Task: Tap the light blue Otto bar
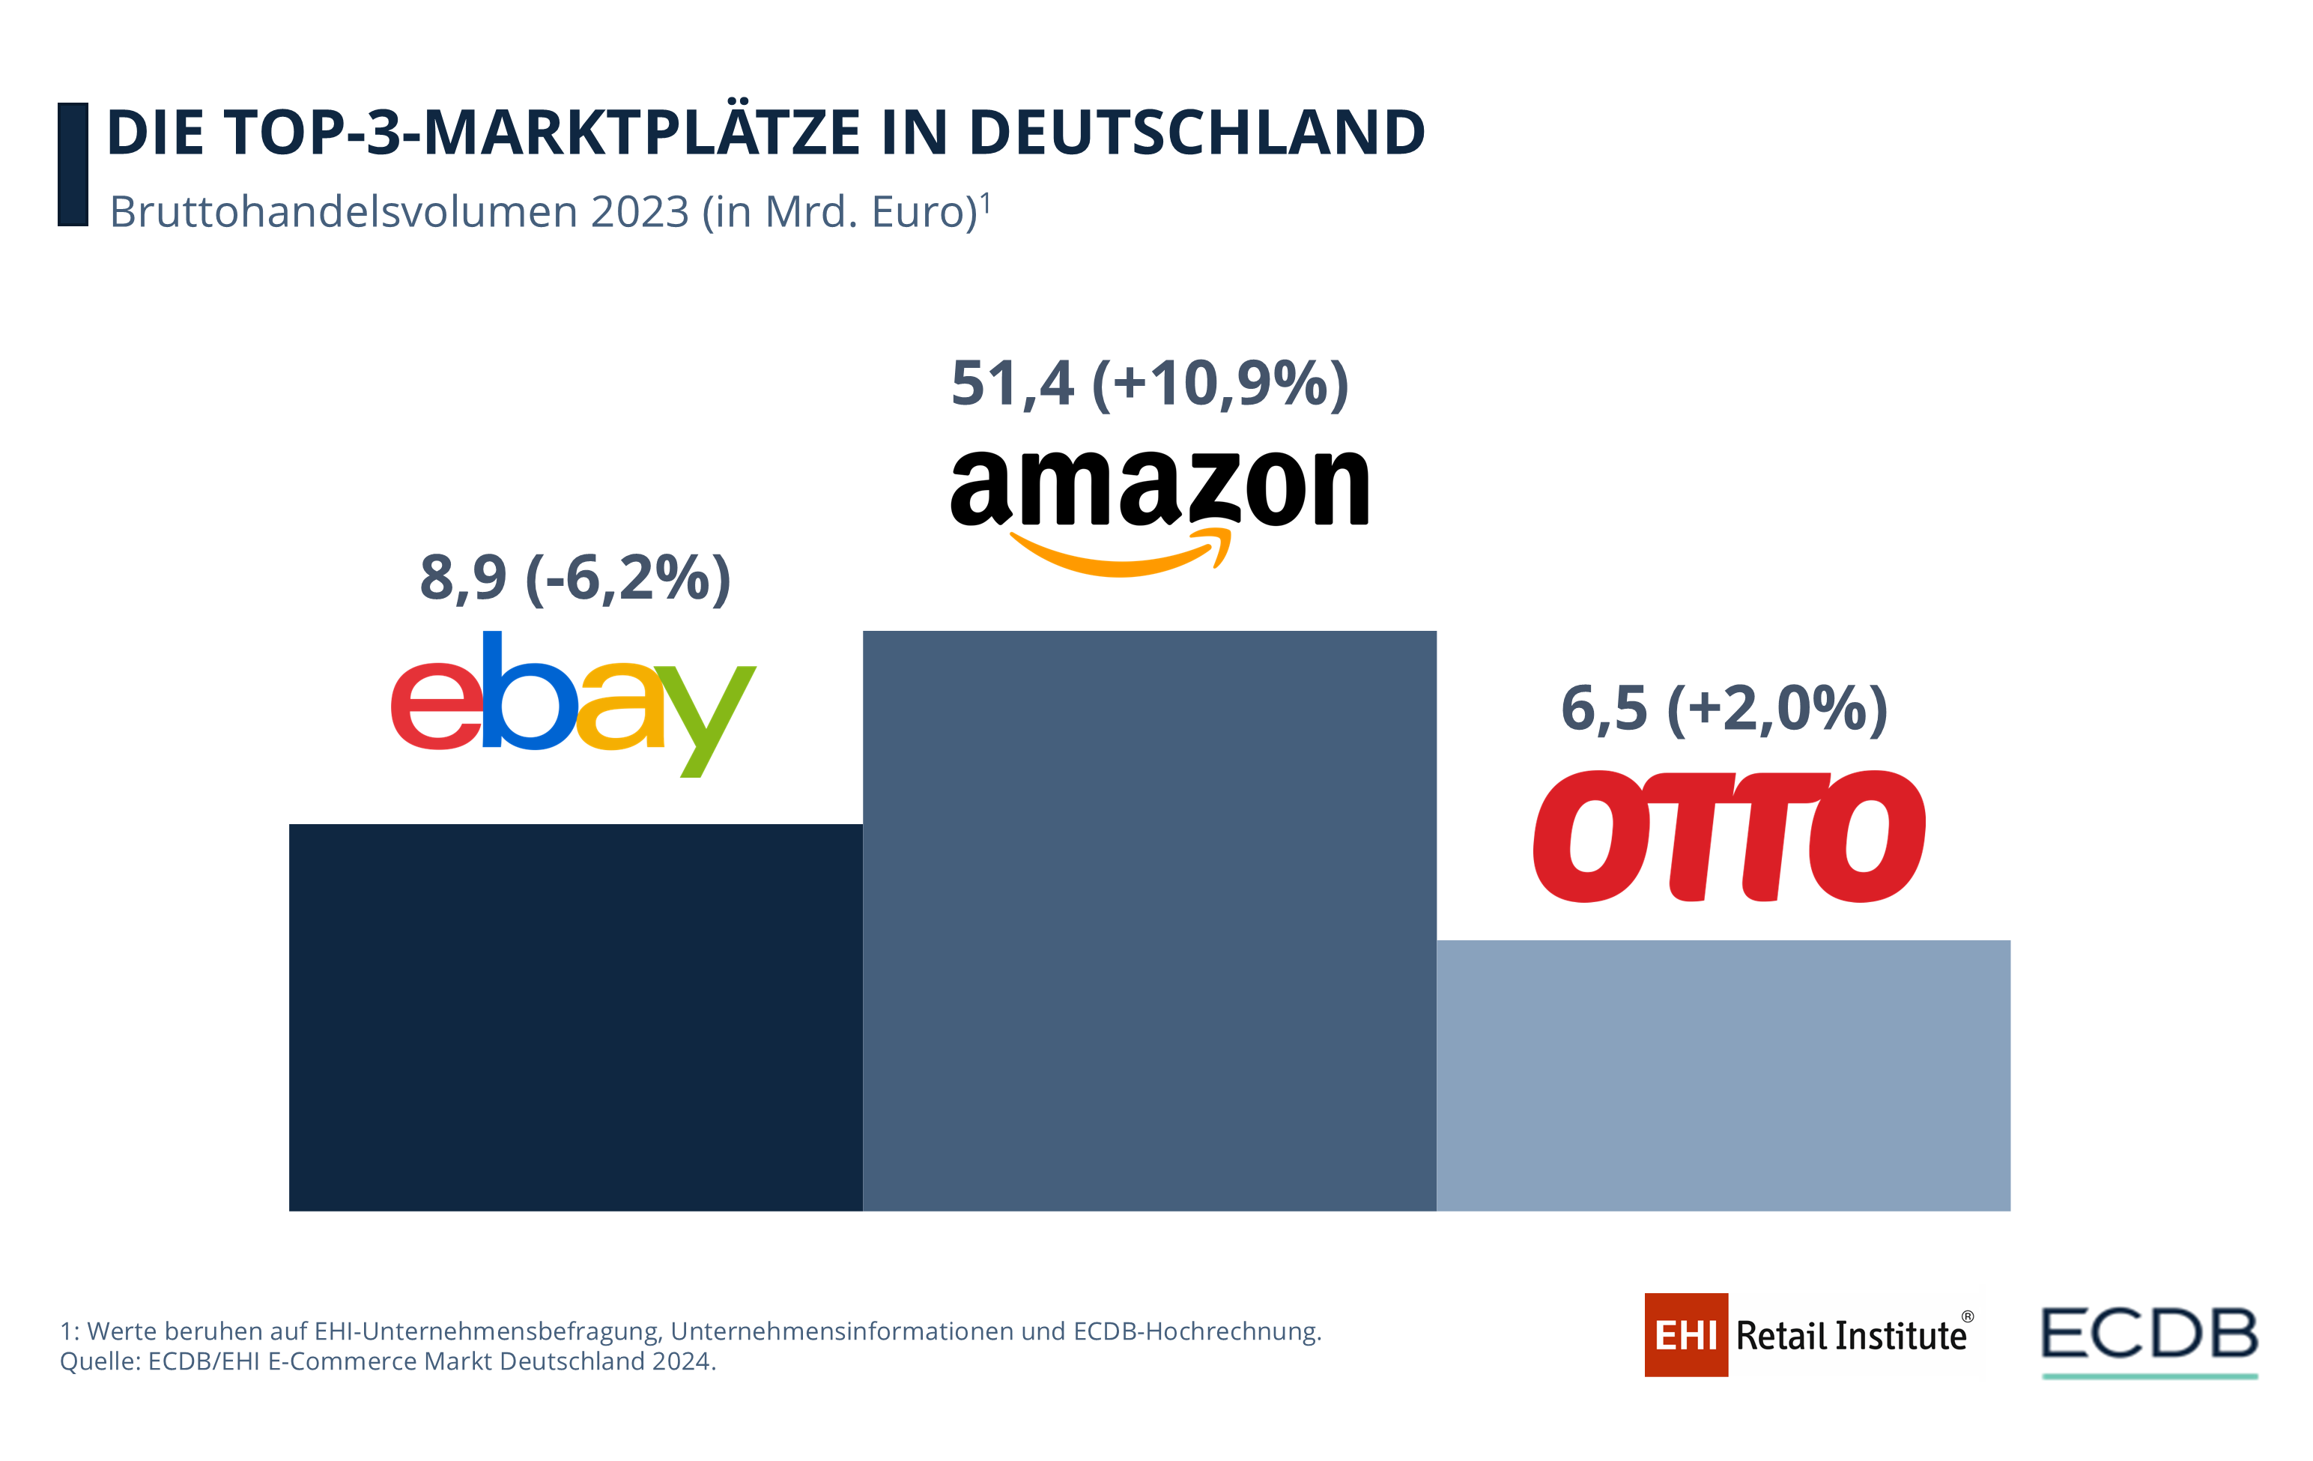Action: [x=1724, y=1075]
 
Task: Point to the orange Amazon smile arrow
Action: [x=1120, y=555]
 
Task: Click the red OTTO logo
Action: [x=1729, y=835]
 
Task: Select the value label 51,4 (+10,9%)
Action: [x=1150, y=384]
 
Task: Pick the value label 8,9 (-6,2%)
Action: [x=575, y=578]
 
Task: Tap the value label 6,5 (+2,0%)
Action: [x=1724, y=709]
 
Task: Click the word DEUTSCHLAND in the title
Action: [x=1197, y=133]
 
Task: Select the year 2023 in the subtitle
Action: [x=640, y=212]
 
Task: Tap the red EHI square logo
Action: [x=1686, y=1334]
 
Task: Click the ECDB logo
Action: [x=2149, y=1335]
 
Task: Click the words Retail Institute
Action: [x=1851, y=1336]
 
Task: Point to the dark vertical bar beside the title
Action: [x=73, y=164]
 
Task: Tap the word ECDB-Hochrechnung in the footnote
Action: [x=1197, y=1331]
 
